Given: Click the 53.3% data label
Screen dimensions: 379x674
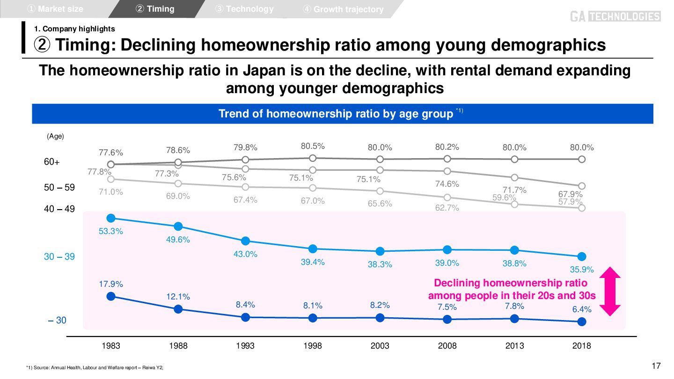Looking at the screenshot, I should [x=111, y=231].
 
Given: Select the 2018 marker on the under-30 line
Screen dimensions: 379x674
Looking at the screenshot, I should [x=582, y=321].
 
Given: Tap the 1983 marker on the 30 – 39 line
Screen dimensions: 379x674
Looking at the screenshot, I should [x=111, y=218].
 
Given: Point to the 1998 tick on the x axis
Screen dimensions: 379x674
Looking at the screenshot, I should [x=313, y=346].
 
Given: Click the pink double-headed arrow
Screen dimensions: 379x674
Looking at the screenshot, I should [x=610, y=291].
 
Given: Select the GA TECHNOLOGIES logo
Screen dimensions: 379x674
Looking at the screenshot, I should [x=615, y=17].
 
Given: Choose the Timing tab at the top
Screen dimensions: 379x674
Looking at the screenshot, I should [x=155, y=9].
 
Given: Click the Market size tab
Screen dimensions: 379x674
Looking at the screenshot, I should [x=56, y=9].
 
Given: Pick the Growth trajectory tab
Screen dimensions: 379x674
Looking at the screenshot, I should [x=344, y=9].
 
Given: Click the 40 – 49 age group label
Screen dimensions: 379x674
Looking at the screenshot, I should [x=59, y=209].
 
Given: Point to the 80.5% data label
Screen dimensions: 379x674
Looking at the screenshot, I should [x=313, y=146].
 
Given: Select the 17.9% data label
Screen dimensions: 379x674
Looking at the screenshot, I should [x=111, y=284].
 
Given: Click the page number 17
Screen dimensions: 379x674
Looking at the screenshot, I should [x=656, y=366].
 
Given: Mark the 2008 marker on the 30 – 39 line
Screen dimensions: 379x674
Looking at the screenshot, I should [x=447, y=249].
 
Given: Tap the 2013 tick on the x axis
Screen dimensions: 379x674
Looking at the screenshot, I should [x=514, y=346].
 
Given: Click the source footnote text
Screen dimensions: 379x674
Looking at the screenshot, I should [x=95, y=368].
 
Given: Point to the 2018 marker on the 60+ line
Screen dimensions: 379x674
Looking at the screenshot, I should [x=582, y=159].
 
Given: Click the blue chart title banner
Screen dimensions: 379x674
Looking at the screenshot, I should [x=342, y=114].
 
